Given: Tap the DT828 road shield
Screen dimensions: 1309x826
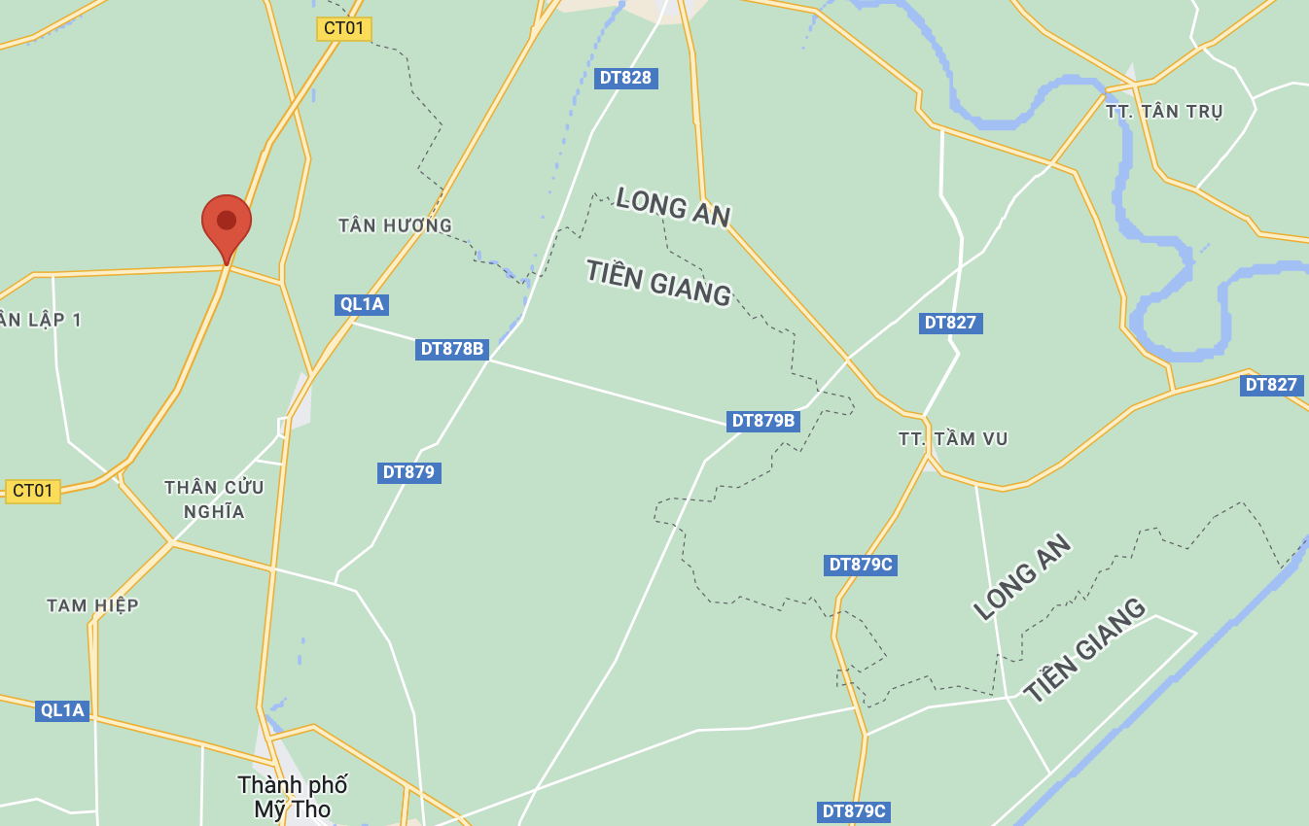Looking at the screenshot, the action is tap(625, 78).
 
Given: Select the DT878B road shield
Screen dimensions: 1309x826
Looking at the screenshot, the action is tap(452, 349).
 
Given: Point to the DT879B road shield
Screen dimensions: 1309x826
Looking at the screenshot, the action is tap(763, 421).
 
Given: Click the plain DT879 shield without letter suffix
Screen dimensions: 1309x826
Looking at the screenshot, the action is tap(408, 472).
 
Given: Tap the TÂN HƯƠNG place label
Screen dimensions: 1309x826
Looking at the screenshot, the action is tap(395, 225).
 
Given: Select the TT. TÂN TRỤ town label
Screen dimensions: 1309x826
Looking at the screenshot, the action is tap(1164, 112).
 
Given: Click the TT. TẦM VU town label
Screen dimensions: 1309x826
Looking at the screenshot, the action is tap(953, 439).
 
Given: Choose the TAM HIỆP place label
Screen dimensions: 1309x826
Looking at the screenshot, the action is tap(92, 605).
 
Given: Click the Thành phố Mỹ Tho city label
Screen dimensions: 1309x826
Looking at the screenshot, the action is tap(293, 797).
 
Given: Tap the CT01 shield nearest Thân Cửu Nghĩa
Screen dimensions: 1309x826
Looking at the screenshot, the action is tap(33, 491).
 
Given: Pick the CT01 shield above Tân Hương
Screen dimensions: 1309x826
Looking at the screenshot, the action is tap(344, 28).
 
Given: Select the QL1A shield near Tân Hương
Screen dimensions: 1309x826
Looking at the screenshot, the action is tap(362, 304).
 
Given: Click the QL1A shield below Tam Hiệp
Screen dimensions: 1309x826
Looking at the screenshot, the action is tap(63, 710).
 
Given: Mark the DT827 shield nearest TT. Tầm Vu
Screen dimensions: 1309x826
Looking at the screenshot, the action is tap(950, 323).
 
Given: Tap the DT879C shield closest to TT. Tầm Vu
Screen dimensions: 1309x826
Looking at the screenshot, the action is tap(860, 565).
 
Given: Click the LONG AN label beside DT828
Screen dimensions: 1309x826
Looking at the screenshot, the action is tap(673, 207).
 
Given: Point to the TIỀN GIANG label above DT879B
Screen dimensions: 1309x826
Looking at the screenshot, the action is tap(658, 282).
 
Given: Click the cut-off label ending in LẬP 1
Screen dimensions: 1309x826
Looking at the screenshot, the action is tap(41, 320).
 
